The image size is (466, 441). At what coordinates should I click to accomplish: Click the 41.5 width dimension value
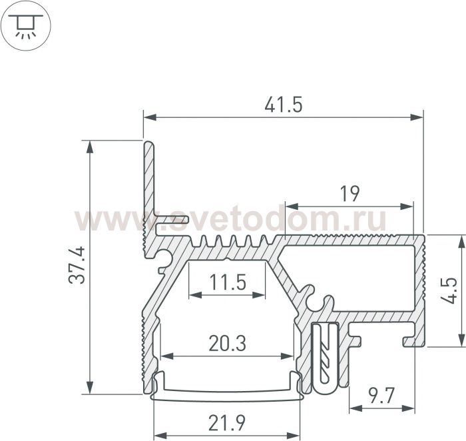click(x=283, y=105)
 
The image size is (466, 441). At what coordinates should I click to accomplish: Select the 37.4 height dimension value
click(x=77, y=265)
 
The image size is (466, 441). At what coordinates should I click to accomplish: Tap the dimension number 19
click(x=349, y=194)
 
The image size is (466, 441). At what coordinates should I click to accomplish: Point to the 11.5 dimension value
click(x=228, y=282)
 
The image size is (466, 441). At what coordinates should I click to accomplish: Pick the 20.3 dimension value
click(x=228, y=343)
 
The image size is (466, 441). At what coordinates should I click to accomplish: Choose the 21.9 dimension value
click(x=227, y=423)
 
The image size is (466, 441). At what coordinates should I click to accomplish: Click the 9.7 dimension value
click(x=381, y=396)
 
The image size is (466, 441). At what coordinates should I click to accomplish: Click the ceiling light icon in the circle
click(x=26, y=26)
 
